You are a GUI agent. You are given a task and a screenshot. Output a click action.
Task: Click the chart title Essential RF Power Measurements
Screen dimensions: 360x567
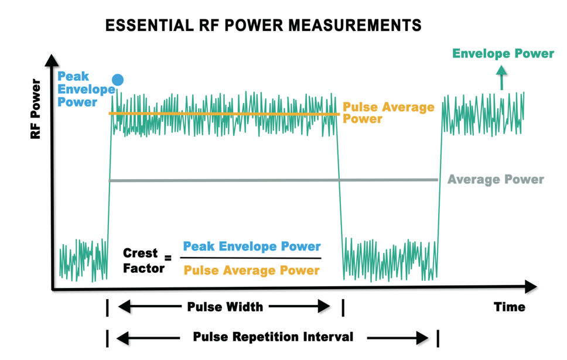(263, 25)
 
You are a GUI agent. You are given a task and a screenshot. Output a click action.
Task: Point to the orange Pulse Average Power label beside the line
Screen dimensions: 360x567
(388, 112)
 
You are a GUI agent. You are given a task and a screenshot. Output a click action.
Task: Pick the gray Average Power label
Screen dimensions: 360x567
(496, 179)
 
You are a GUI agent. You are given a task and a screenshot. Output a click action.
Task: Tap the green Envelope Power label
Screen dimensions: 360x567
(503, 54)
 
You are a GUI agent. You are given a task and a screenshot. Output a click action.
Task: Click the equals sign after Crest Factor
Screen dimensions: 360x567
(168, 258)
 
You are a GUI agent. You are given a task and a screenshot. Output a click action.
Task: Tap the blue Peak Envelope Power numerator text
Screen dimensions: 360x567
(252, 246)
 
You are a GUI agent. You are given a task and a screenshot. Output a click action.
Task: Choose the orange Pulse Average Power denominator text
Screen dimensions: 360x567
(252, 270)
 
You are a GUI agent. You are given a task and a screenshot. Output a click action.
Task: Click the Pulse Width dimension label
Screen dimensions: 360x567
(225, 306)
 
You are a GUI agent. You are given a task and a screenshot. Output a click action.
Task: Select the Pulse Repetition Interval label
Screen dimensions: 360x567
(274, 337)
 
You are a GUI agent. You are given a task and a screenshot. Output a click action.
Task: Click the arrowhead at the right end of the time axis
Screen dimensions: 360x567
(530, 286)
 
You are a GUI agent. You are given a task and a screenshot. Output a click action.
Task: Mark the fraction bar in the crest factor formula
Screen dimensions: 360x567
(251, 258)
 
